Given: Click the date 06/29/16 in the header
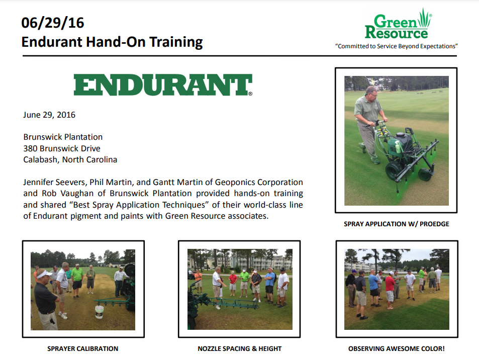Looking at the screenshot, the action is pyautogui.click(x=53, y=23).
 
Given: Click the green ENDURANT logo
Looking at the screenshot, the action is pyautogui.click(x=163, y=84).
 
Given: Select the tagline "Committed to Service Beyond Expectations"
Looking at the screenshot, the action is pyautogui.click(x=396, y=46).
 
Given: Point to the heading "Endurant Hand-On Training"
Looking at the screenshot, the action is pyautogui.click(x=112, y=42).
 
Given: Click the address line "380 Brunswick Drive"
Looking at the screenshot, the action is pyautogui.click(x=62, y=148).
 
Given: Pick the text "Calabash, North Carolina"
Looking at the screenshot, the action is pyautogui.click(x=70, y=159).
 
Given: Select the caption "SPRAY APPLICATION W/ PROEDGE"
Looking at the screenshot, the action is pyautogui.click(x=396, y=224).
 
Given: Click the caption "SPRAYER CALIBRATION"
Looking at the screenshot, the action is pyautogui.click(x=83, y=349).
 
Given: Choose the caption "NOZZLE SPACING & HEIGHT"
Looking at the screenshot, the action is pyautogui.click(x=239, y=349).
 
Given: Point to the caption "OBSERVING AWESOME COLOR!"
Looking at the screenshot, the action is pyautogui.click(x=396, y=349).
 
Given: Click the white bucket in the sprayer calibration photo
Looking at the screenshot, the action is pyautogui.click(x=100, y=312).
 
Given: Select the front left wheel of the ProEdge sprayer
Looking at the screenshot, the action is pyautogui.click(x=394, y=171).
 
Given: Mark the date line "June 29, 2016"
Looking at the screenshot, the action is pyautogui.click(x=49, y=115).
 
